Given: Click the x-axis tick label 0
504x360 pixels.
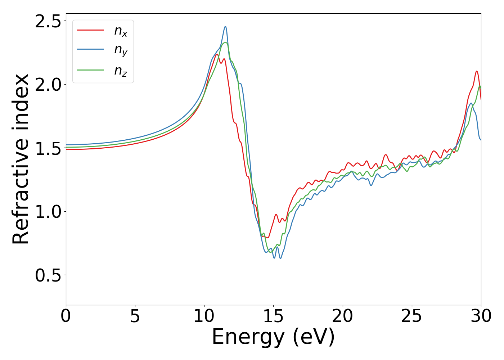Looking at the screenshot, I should click(66, 316).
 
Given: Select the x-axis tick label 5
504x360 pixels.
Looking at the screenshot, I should click(135, 316).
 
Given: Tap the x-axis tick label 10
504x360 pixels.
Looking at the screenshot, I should click(204, 316).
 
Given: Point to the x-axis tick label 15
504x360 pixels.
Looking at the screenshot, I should click(273, 316).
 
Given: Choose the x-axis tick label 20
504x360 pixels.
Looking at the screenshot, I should click(342, 316).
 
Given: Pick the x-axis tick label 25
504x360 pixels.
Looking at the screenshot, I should click(411, 316).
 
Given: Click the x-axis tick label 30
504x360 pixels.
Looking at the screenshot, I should click(481, 316).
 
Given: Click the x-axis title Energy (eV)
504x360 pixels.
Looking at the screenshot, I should click(273, 337).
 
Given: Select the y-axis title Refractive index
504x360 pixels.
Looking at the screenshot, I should click(21, 159).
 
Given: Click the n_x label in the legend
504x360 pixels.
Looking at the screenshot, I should click(121, 32).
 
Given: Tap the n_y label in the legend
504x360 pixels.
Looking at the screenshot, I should click(121, 51).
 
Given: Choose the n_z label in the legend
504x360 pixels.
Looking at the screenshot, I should click(121, 71).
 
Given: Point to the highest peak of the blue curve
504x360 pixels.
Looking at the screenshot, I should click(225, 26).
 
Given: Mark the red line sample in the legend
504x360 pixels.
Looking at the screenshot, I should click(91, 30).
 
